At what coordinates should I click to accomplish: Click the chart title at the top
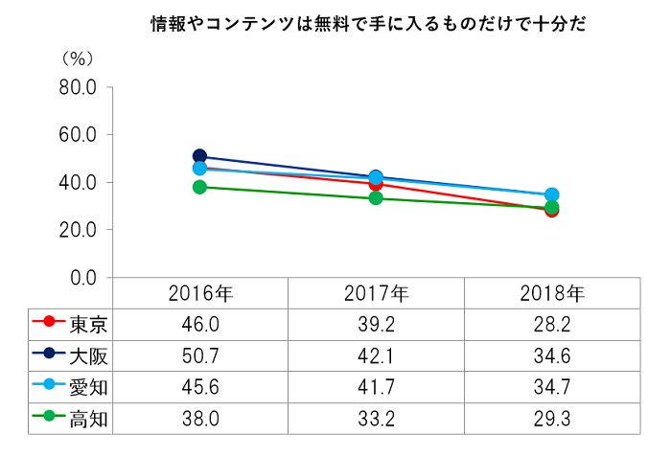point(368,25)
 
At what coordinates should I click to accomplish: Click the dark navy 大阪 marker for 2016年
point(199,156)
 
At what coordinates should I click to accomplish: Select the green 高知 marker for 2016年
point(199,187)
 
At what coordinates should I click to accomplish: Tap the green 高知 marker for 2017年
point(376,198)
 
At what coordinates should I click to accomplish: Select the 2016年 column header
point(200,292)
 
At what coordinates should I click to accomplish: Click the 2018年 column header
point(552,292)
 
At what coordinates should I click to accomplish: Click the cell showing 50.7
point(200,355)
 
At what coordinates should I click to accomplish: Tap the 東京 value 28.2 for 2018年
point(552,324)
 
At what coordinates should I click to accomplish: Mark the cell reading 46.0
point(200,324)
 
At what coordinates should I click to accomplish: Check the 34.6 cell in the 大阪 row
point(552,355)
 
